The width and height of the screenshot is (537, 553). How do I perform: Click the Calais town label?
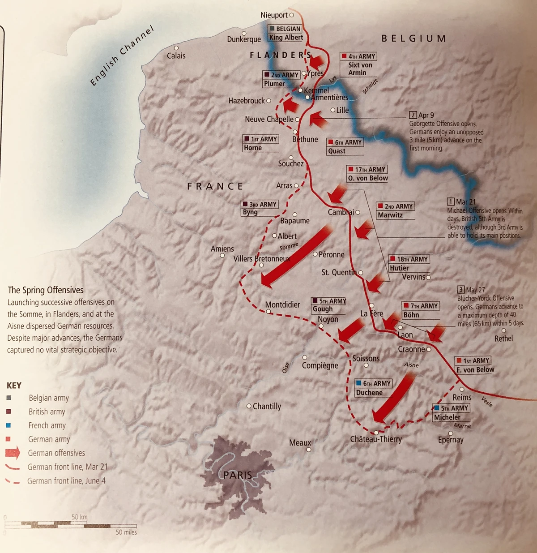pos(176,56)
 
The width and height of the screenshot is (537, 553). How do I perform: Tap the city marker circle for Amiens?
pos(222,256)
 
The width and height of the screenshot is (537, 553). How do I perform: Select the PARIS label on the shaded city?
pos(238,475)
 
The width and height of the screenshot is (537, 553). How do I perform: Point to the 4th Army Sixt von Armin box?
pos(358,64)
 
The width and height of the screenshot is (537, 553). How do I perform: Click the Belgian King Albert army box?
pos(286,33)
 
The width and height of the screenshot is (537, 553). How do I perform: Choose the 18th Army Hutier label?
pos(409,263)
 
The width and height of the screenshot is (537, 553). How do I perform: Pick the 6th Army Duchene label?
pos(373,388)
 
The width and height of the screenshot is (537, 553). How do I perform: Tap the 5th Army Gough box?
pos(329,305)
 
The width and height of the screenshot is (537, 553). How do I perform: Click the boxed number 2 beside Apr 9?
pos(413,115)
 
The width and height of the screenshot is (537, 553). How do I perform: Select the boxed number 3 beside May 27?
pos(460,290)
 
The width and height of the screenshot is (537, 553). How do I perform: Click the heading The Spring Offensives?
pos(46,290)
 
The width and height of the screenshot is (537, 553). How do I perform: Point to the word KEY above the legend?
pos(14,386)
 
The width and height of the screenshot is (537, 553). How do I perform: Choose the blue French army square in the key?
pos(9,425)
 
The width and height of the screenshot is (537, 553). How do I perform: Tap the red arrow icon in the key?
pos(13,453)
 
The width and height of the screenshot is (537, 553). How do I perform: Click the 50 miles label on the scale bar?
pos(126,532)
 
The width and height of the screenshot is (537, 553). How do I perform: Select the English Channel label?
pos(122,56)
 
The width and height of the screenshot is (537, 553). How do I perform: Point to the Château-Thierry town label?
pos(376,439)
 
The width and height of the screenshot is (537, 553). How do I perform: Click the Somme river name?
pos(289,246)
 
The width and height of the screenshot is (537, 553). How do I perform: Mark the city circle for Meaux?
pos(309,449)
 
